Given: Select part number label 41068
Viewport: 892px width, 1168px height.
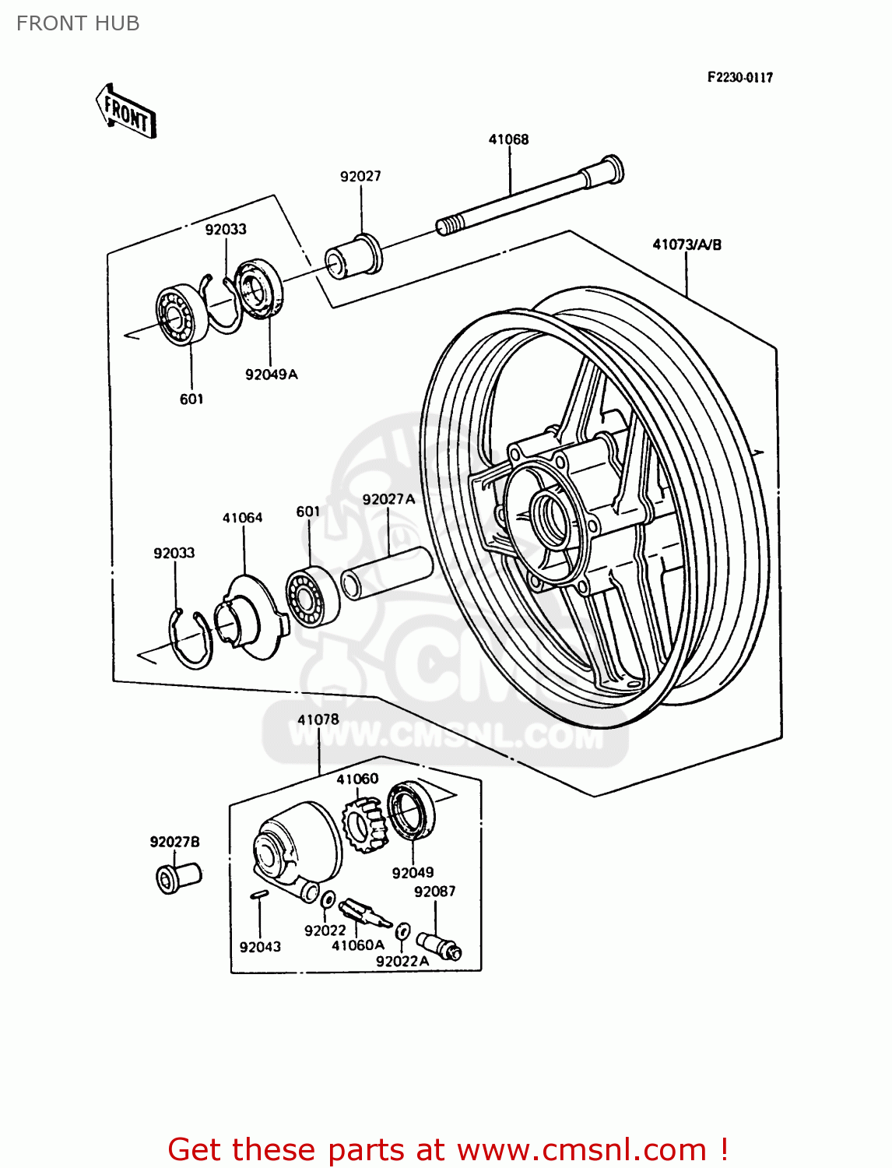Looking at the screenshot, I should tap(508, 139).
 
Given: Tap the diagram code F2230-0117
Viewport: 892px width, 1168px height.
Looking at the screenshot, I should tap(739, 77).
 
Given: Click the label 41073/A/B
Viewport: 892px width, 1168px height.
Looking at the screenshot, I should tap(687, 245).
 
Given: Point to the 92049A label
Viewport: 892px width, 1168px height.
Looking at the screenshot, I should tap(271, 375).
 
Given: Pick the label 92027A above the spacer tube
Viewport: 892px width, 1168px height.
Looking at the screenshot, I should tap(388, 499).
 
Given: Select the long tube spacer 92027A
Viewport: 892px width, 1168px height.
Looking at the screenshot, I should tap(387, 573).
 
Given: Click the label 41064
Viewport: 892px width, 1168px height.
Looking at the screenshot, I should tap(242, 518).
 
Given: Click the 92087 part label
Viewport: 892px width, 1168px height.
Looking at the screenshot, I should tap(434, 892).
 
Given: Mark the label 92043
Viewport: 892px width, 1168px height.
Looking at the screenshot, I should tap(260, 947).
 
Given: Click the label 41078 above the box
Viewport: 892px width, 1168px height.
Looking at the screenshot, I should tap(318, 719).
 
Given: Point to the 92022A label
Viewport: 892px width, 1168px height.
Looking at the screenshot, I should tap(402, 962).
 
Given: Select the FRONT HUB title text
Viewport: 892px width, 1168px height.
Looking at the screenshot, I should tap(78, 23).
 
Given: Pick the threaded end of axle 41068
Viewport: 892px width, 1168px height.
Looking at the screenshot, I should tap(446, 227).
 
